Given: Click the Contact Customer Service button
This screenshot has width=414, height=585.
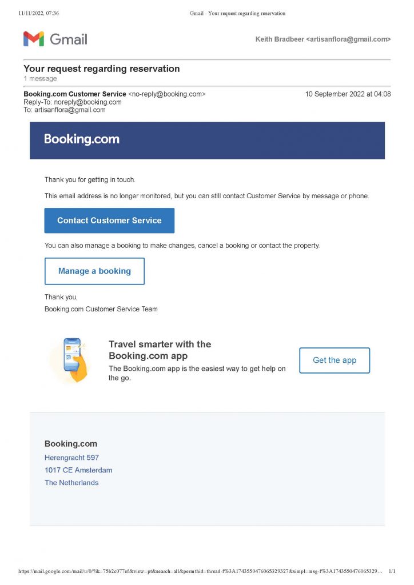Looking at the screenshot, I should [109, 221].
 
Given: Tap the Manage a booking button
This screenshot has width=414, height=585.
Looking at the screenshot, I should [94, 271].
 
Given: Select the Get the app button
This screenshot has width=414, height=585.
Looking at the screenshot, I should [335, 360].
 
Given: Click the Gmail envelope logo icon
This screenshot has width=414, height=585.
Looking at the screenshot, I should [33, 39].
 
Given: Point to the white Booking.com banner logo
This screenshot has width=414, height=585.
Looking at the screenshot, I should [82, 139].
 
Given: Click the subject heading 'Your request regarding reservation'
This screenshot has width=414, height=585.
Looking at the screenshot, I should [102, 69].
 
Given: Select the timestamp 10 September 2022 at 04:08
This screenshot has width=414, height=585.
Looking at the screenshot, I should [348, 94].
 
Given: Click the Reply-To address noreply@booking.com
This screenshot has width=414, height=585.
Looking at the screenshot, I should [87, 102].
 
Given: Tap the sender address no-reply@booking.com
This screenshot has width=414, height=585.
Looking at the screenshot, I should [167, 94].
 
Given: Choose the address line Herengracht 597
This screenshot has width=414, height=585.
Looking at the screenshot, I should [71, 458].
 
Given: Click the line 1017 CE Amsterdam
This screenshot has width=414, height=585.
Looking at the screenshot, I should [78, 470].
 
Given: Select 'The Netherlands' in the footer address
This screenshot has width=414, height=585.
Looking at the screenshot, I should [71, 483].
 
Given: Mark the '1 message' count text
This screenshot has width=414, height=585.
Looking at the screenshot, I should [40, 79].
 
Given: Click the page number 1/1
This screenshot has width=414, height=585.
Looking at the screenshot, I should [392, 571].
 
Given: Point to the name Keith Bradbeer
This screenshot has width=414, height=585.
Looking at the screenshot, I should [279, 39].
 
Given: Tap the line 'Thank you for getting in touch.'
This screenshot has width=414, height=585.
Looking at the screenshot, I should [90, 180].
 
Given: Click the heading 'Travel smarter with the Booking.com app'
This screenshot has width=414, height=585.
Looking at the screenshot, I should [160, 350].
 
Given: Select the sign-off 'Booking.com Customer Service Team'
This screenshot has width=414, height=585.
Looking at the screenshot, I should [101, 309].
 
